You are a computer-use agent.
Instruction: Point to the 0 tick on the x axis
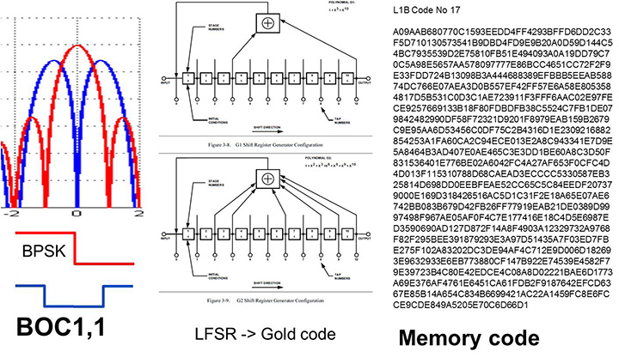(x=77, y=212)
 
